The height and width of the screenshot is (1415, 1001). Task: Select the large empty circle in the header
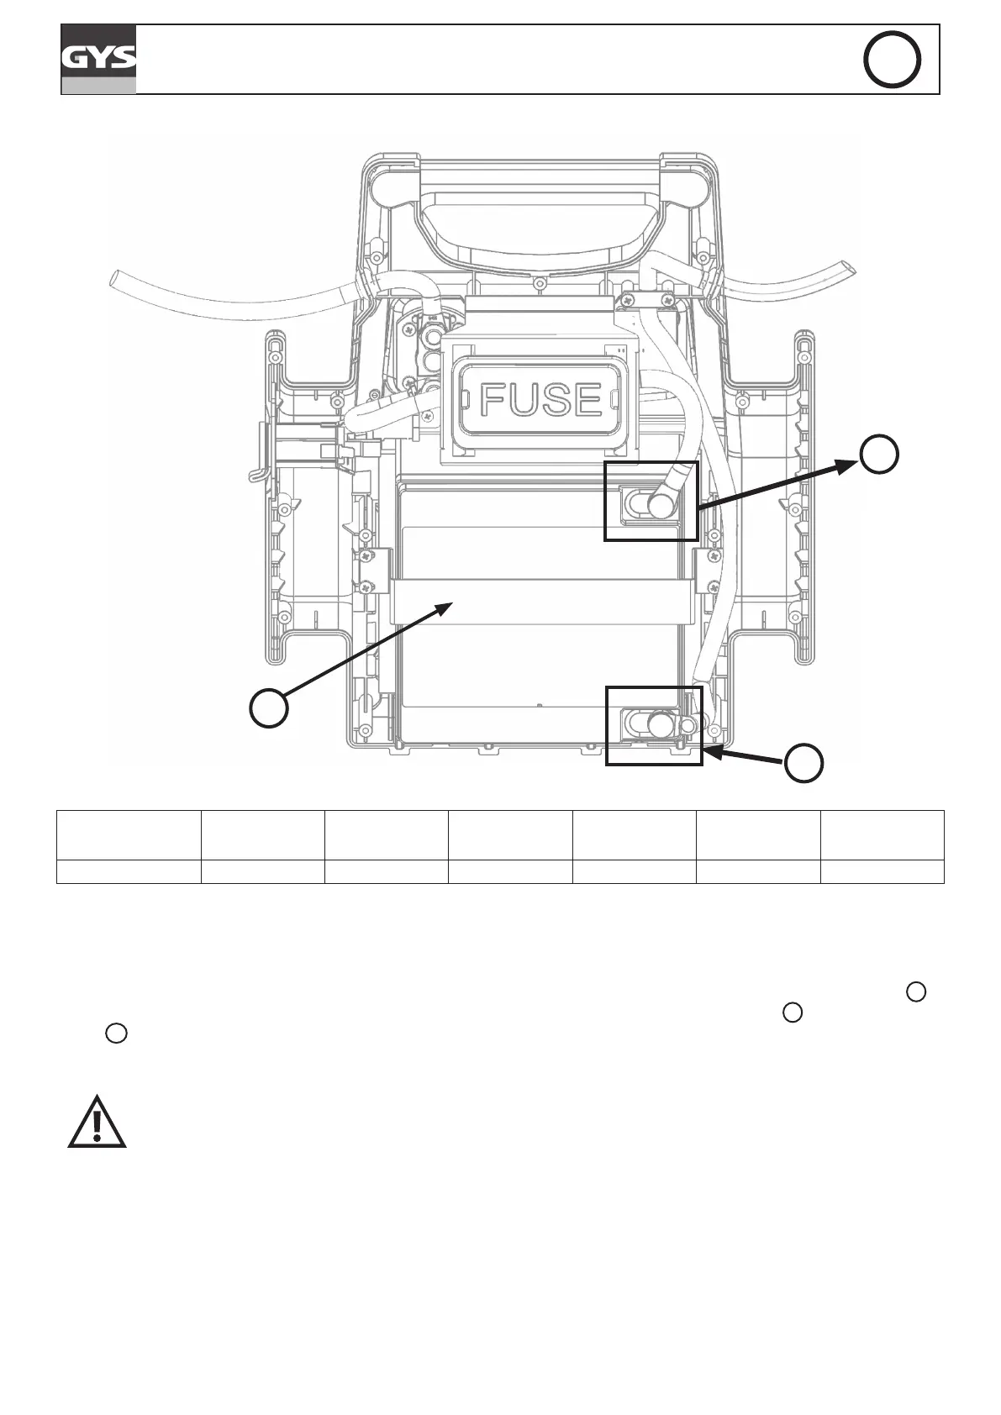coord(892,60)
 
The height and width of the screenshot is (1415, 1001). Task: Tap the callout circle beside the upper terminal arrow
coord(879,455)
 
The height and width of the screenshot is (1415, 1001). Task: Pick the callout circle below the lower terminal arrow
coord(804,763)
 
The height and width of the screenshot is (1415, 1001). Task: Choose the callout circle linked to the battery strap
coord(269,707)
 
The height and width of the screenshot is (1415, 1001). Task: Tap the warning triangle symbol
coord(97,1123)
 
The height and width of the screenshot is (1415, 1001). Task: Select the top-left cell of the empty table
coord(129,834)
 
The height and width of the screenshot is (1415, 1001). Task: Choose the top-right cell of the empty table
coord(882,834)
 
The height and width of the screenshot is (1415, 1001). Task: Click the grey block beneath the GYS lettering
coord(98,85)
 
